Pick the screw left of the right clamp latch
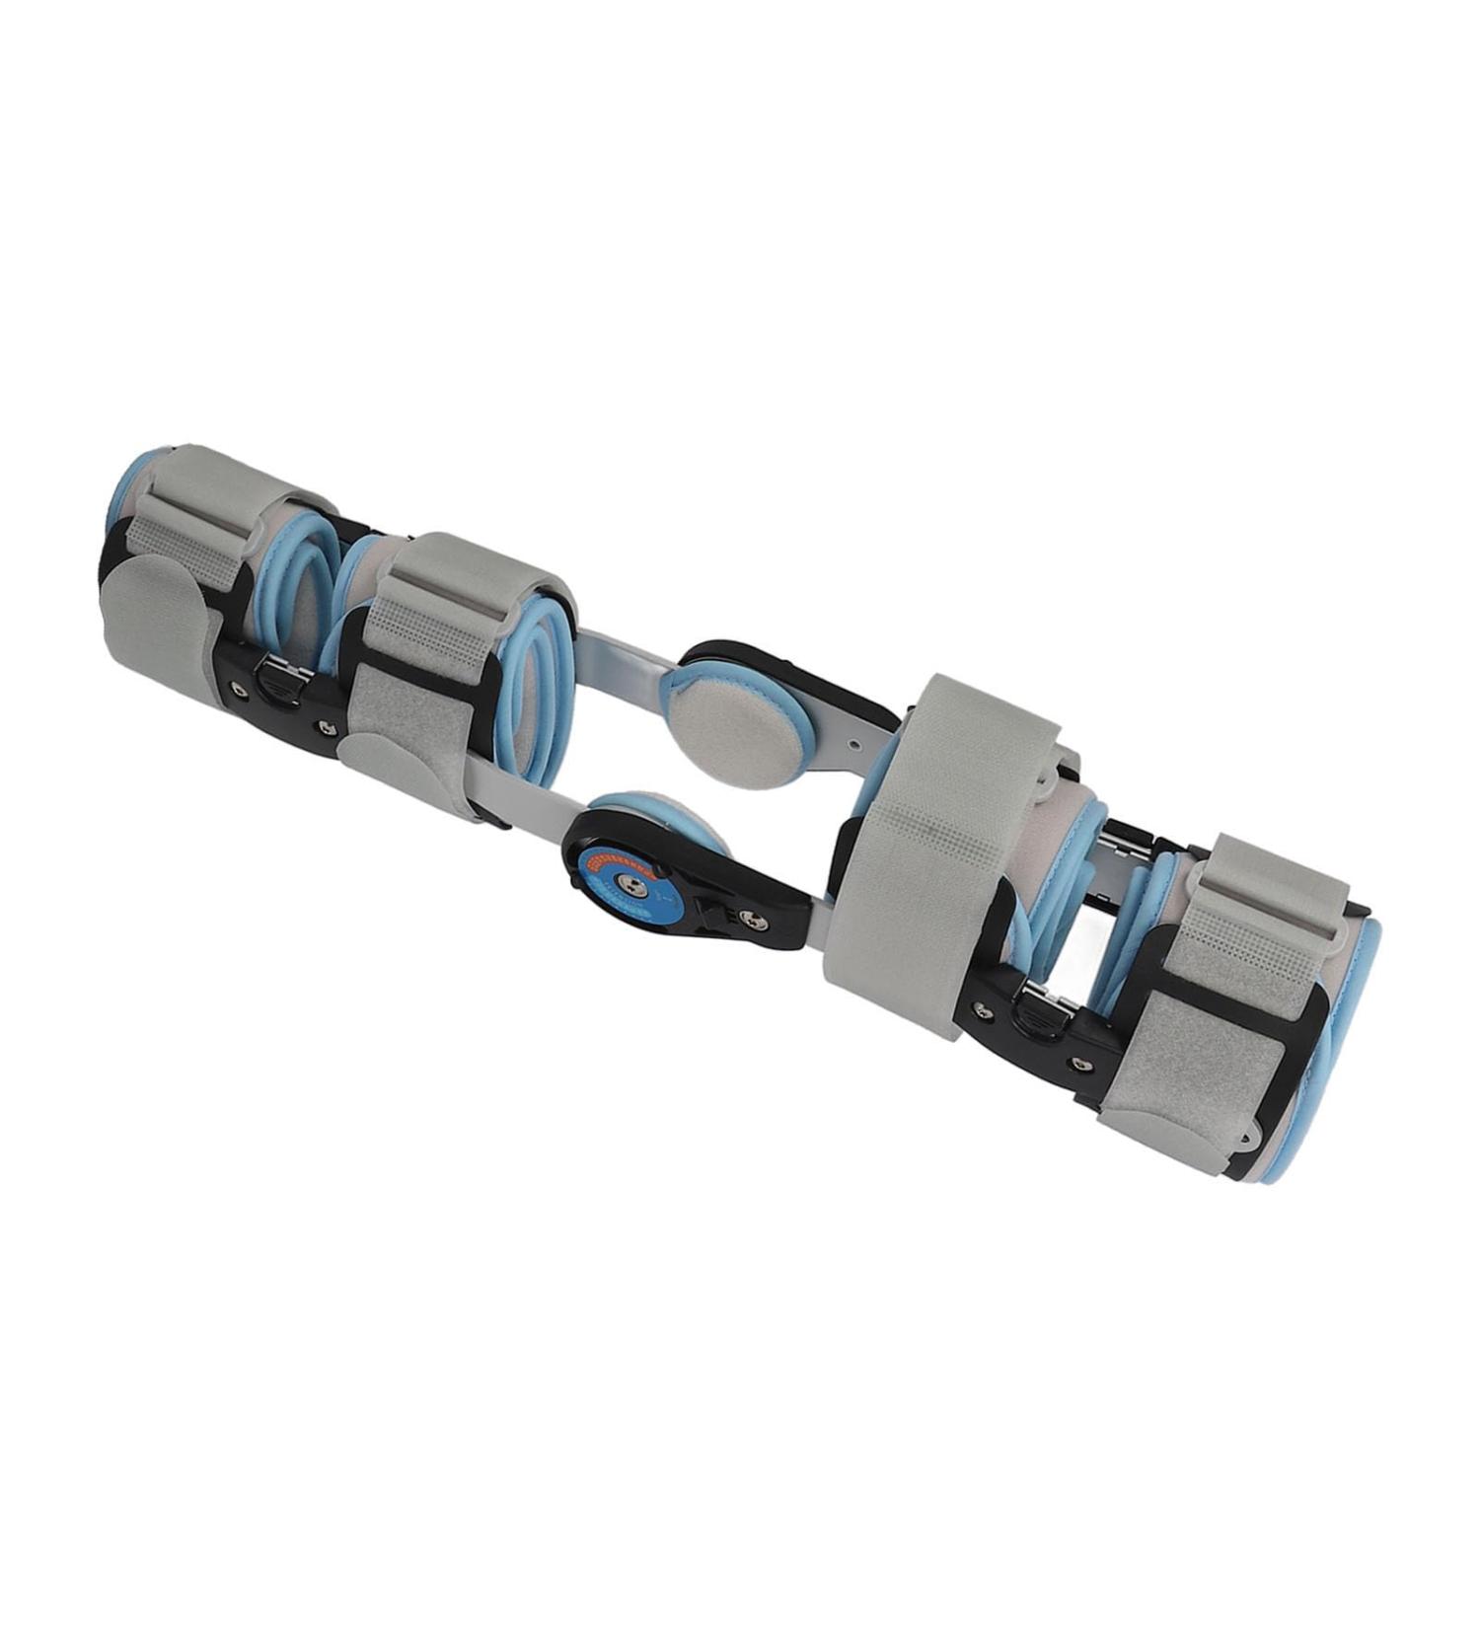pos(982,1007)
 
